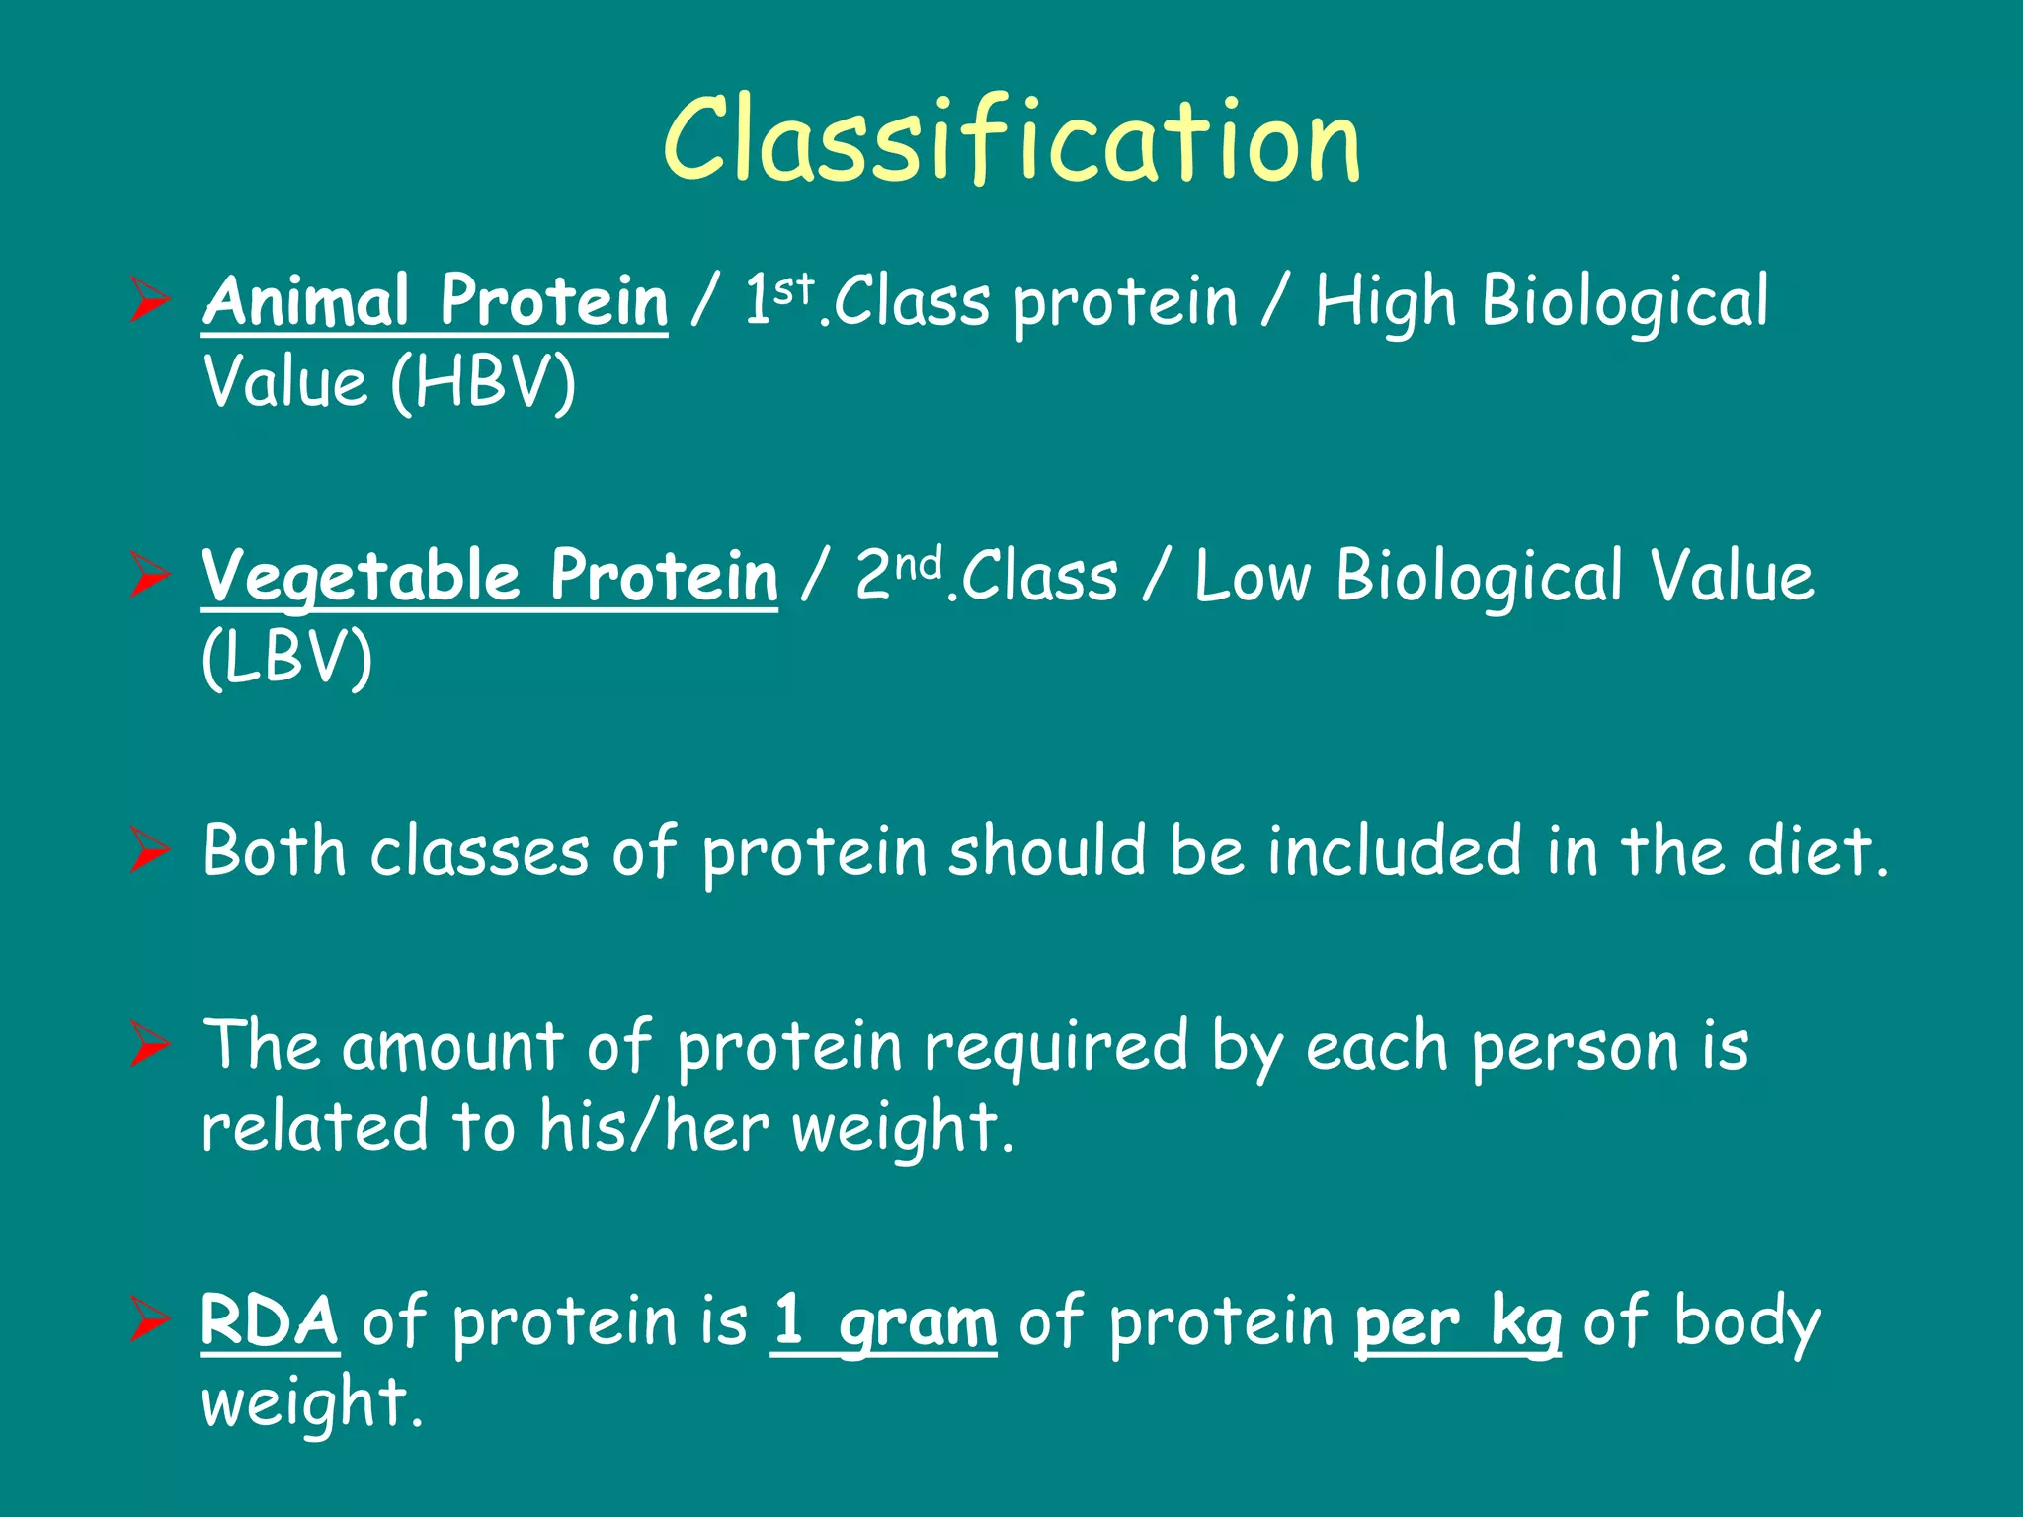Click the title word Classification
[1011, 140]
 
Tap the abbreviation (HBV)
[482, 382]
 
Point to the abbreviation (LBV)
[286, 658]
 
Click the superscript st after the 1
[793, 287]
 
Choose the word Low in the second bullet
[1253, 577]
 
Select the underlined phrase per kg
[1458, 1322]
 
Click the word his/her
[653, 1127]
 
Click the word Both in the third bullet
[274, 850]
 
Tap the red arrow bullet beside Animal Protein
[150, 302]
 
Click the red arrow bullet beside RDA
[150, 1321]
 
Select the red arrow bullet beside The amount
[150, 1046]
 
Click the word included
[1394, 850]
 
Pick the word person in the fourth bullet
[1574, 1048]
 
